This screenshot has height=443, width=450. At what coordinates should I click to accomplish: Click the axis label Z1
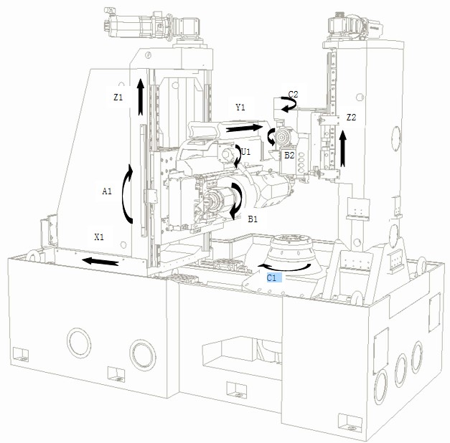coord(118,97)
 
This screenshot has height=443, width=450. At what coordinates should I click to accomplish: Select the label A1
coord(107,191)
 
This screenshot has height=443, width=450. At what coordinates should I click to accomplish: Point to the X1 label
coord(99,237)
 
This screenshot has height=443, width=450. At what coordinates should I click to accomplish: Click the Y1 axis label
coord(240,108)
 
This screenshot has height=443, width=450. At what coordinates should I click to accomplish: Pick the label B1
coord(253,219)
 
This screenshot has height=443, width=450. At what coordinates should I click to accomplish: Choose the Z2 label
coord(351,118)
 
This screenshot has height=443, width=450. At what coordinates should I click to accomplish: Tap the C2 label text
coord(293,95)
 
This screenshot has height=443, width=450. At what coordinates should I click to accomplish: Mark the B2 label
coord(289,156)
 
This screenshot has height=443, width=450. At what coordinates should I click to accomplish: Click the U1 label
coord(245,152)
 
